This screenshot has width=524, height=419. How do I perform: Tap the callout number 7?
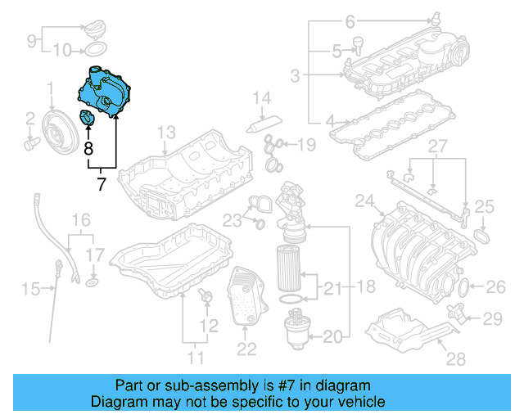click(102, 184)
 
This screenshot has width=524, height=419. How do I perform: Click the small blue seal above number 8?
click(87, 120)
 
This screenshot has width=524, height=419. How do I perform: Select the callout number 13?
click(166, 132)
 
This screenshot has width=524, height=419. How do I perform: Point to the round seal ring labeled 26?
click(462, 287)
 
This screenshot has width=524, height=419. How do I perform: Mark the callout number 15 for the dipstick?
click(30, 288)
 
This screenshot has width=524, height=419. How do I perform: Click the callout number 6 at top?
click(350, 21)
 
